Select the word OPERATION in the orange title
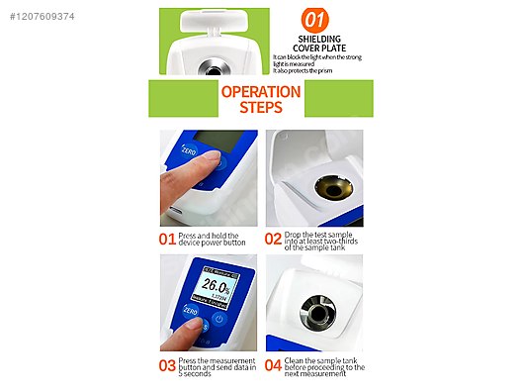(261, 92)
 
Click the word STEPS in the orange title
(261, 108)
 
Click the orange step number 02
(273, 239)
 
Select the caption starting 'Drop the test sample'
(320, 239)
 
